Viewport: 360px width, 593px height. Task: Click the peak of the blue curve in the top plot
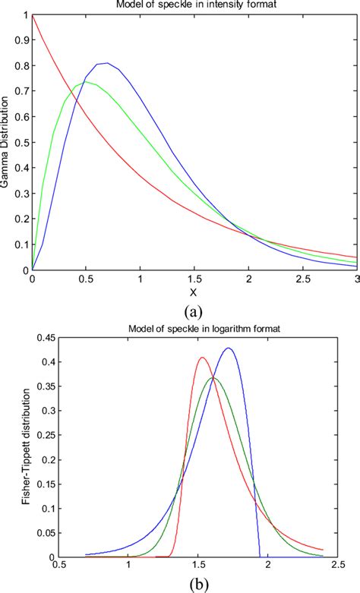106,63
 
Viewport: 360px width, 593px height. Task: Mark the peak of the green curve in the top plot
84,81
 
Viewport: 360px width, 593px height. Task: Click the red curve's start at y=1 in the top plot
33,15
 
